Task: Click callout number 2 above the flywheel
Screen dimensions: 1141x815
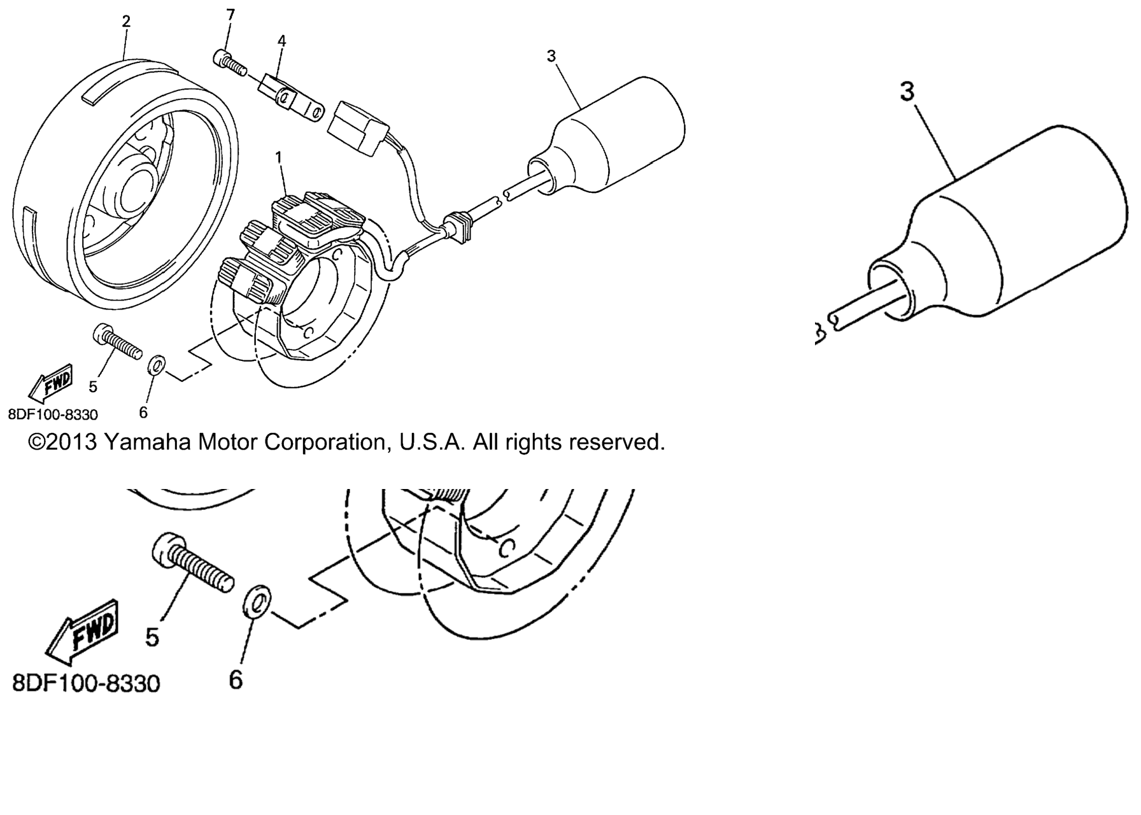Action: pyautogui.click(x=126, y=21)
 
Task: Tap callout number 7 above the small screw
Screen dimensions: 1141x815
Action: pyautogui.click(x=230, y=13)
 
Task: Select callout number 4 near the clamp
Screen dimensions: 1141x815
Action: pyautogui.click(x=281, y=41)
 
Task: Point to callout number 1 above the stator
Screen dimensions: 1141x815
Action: pyautogui.click(x=278, y=155)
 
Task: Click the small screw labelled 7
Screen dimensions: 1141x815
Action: pyautogui.click(x=229, y=64)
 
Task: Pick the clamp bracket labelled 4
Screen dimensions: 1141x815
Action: pyautogui.click(x=290, y=97)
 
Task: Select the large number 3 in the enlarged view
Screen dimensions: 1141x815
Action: pyautogui.click(x=907, y=92)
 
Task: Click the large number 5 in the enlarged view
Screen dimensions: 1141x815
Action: pyautogui.click(x=152, y=636)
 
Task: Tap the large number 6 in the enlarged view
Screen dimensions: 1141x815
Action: pyautogui.click(x=236, y=679)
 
